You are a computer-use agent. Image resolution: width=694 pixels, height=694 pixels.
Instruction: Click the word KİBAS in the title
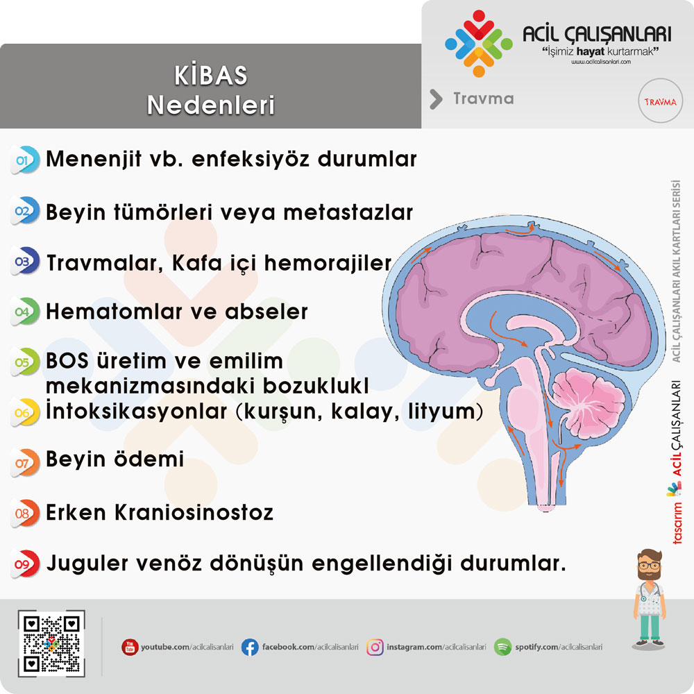211,75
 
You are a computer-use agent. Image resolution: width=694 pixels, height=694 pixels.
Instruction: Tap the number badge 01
25,160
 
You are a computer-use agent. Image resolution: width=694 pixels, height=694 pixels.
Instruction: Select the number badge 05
25,362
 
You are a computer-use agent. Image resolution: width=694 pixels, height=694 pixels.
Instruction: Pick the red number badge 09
25,564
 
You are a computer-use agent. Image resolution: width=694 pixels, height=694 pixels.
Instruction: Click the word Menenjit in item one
94,160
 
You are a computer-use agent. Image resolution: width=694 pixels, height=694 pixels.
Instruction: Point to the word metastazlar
348,212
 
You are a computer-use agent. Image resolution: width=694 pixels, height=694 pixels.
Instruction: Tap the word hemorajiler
328,263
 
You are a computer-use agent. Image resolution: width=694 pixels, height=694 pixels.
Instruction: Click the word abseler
266,312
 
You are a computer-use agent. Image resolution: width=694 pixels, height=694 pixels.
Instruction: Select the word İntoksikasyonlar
136,411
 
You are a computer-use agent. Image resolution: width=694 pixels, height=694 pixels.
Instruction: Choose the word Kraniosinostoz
194,513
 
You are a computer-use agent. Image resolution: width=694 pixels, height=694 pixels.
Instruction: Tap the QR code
51,643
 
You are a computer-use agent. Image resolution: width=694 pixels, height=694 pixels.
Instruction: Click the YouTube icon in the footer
130,647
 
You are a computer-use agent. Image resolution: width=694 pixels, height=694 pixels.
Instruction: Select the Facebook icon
250,647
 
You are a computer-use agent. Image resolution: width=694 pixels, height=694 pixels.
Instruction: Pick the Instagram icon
375,647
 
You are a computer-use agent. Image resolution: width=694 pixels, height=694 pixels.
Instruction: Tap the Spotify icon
502,647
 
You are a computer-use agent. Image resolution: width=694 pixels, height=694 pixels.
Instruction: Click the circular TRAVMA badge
661,101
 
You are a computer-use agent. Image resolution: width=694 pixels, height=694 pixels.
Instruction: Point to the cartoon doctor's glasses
650,566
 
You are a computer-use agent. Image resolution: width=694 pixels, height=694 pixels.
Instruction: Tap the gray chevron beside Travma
436,99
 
